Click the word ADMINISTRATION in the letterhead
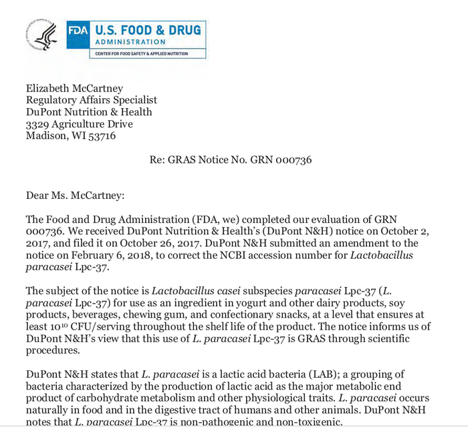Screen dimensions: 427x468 click(125, 42)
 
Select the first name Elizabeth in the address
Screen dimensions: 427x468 click(51, 88)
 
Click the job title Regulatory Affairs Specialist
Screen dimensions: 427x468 click(92, 100)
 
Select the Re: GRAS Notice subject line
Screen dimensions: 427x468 click(231, 160)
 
